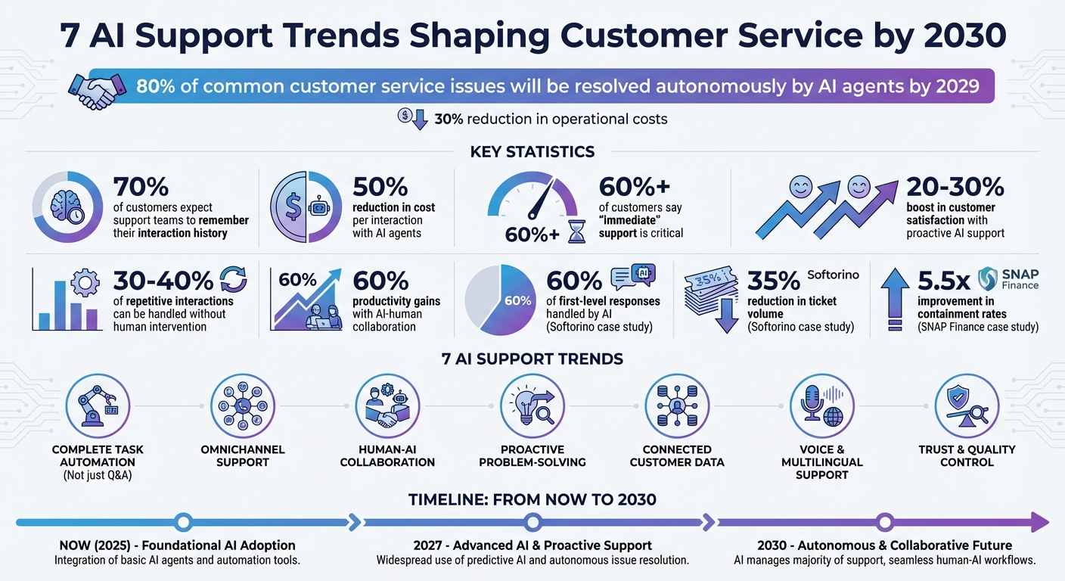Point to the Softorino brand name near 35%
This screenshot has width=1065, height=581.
pyautogui.click(x=833, y=275)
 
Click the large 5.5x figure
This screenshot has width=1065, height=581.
pyautogui.click(x=943, y=281)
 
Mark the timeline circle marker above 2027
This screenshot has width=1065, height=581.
pyautogui.click(x=533, y=521)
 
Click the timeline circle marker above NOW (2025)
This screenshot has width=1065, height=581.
pyautogui.click(x=182, y=521)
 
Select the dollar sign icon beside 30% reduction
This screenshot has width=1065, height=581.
pyautogui.click(x=405, y=117)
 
